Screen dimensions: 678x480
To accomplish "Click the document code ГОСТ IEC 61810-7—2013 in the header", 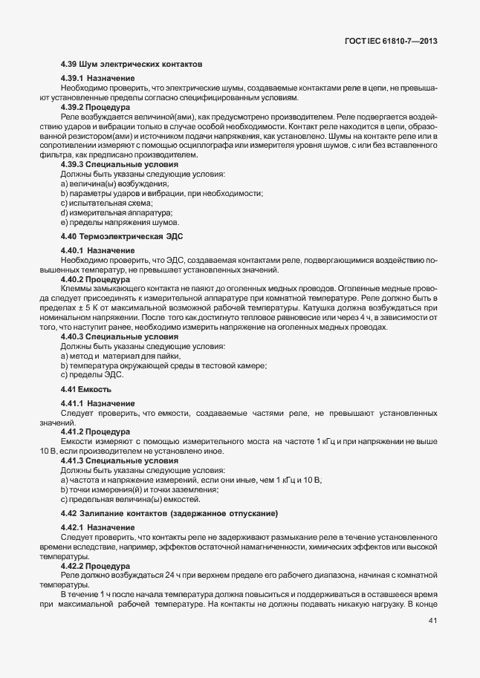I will click(x=391, y=42).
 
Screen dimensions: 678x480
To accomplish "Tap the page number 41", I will click(x=432, y=641).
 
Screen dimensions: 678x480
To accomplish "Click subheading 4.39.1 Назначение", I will click(x=97, y=79).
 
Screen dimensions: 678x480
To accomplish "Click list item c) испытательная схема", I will click(x=96, y=203).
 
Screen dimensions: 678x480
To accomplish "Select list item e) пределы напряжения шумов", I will click(x=120, y=223).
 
